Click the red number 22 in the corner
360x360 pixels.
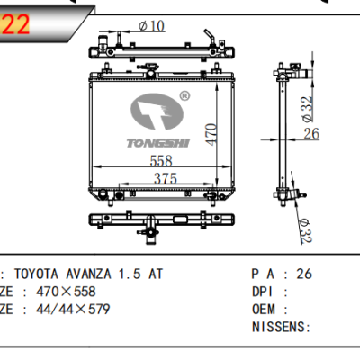click(16, 24)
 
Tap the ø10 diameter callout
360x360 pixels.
click(149, 25)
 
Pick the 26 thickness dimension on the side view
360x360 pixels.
click(311, 135)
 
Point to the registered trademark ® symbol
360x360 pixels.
click(184, 94)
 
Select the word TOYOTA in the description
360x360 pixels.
click(42, 274)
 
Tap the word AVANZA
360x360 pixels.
click(93, 274)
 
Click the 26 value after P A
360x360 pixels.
click(303, 274)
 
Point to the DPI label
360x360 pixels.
click(259, 292)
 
